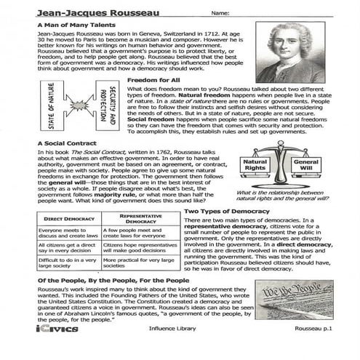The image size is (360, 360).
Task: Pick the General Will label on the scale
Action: point(306,166)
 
